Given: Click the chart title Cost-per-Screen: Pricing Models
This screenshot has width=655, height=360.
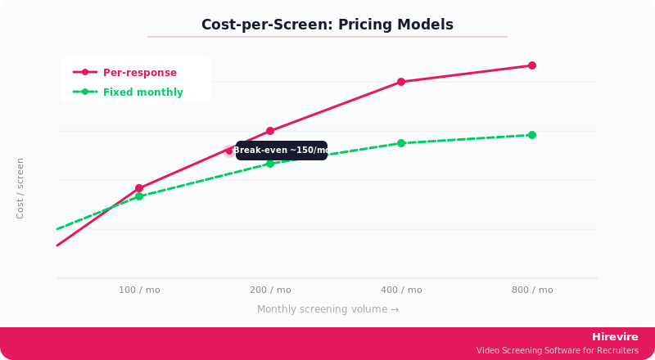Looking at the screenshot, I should click(x=327, y=25).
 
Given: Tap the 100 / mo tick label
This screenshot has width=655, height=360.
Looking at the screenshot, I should click(x=139, y=290).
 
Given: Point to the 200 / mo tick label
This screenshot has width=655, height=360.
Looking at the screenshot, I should click(x=270, y=290).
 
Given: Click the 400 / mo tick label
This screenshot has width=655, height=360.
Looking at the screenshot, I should click(x=401, y=290).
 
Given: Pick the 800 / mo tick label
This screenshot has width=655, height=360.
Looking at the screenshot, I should click(x=532, y=290).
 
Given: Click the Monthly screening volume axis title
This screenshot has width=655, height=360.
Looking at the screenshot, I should click(x=327, y=309).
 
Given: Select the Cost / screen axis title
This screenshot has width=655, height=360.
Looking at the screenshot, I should click(x=20, y=188).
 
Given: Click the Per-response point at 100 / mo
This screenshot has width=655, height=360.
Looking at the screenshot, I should click(x=139, y=188).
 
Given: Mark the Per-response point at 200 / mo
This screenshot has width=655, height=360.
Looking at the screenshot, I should click(x=270, y=131).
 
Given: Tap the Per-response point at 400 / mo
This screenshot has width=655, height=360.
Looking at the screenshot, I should click(x=401, y=82).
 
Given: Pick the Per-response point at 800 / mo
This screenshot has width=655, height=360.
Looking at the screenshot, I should click(x=532, y=65).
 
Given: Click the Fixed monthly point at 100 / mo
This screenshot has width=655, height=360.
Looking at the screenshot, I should click(x=139, y=196).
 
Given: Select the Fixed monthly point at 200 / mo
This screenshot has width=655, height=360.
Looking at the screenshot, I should click(x=270, y=164).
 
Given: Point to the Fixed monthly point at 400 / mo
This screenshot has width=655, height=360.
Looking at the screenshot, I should click(x=401, y=143).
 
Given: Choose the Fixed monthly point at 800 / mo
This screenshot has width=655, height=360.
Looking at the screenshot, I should click(x=532, y=135).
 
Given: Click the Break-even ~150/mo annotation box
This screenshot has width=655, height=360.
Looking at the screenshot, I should click(x=282, y=151).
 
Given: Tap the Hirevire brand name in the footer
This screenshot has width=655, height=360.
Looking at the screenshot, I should click(x=615, y=337).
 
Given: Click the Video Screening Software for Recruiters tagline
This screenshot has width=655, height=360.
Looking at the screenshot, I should click(x=558, y=351).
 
